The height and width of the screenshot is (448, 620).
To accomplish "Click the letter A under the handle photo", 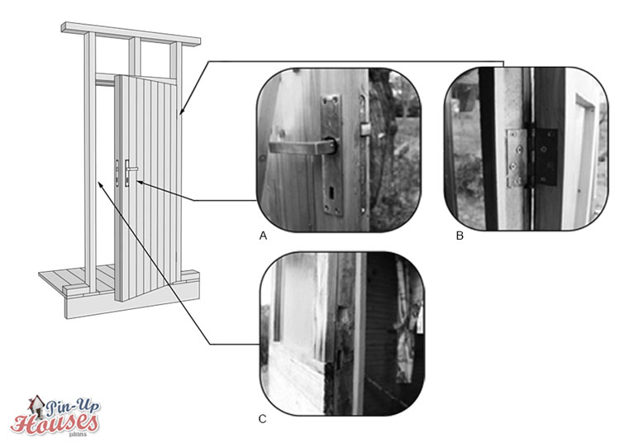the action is click(263, 236).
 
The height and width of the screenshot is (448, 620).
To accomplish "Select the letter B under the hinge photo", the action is click(460, 236).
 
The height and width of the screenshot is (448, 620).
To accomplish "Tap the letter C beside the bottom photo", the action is click(263, 419).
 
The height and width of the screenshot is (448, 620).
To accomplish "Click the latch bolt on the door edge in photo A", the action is click(365, 129).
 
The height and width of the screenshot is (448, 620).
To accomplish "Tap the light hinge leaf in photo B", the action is click(517, 158).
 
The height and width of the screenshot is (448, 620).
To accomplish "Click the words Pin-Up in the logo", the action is click(74, 407).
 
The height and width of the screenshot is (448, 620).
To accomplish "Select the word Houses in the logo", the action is click(55, 423).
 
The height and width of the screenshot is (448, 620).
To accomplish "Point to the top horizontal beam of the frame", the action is click(131, 33).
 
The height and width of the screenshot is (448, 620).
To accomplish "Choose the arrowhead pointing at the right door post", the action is click(181, 111).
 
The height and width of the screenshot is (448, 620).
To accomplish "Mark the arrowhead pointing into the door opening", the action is click(100, 184).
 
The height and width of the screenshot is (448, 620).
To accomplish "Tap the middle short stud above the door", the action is click(135, 56).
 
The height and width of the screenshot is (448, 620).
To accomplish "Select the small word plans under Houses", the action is click(77, 434).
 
